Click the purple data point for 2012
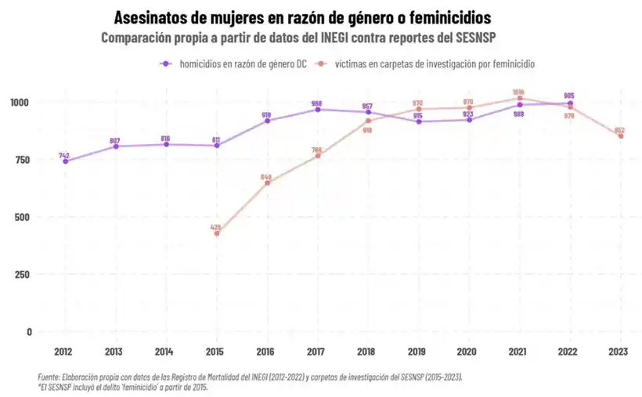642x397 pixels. [65, 161]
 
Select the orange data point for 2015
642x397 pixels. [217, 233]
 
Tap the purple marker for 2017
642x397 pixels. [318, 110]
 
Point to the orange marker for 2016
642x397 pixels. [268, 183]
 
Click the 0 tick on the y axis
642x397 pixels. [29, 331]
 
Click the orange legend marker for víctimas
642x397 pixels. [321, 64]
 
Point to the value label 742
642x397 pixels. [64, 156]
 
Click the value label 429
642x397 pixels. [216, 227]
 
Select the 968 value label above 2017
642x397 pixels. [317, 103]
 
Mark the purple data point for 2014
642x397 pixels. [166, 144]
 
